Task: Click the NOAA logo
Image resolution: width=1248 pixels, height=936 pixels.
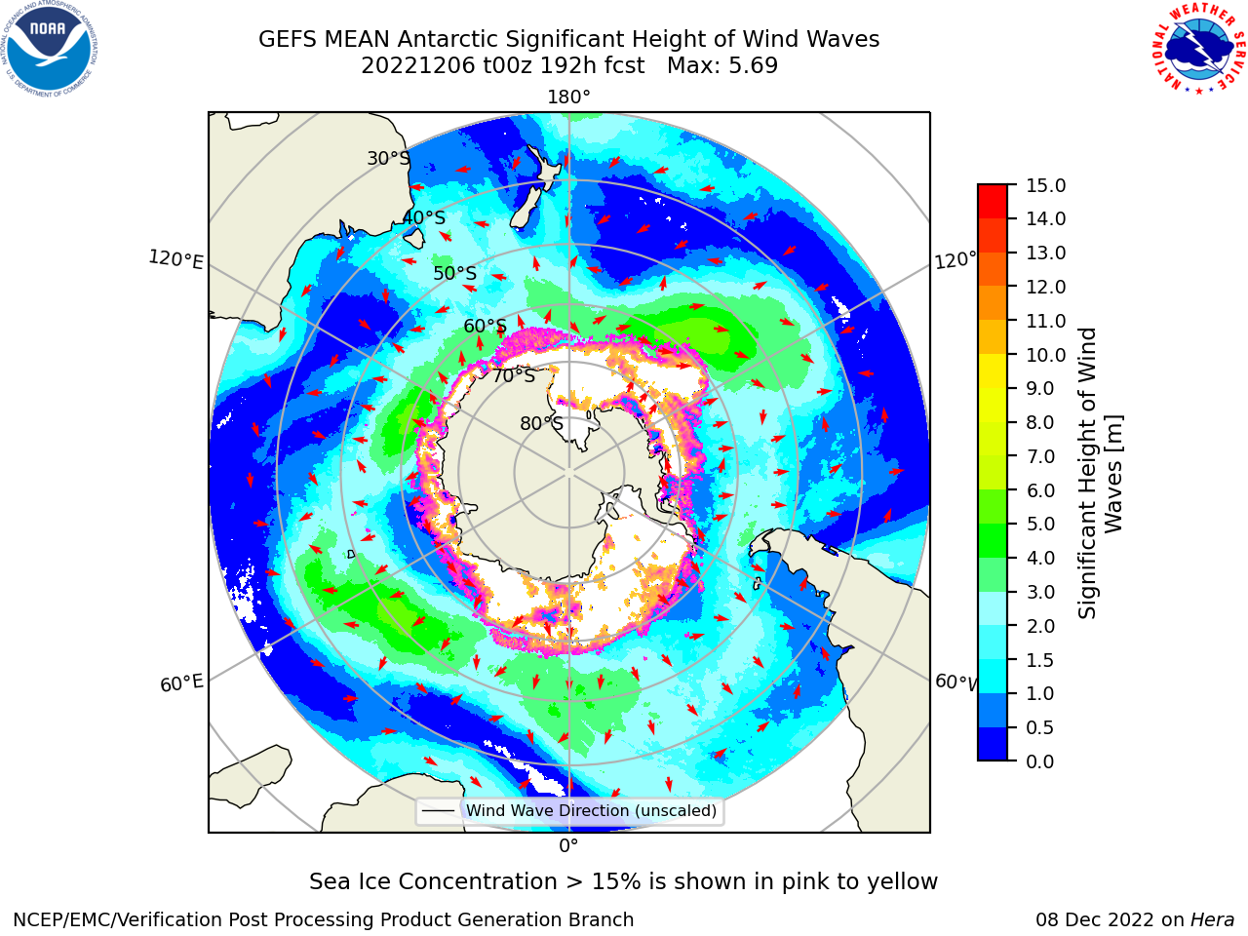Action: click(x=50, y=50)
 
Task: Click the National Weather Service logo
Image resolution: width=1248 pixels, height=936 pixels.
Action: click(x=1198, y=49)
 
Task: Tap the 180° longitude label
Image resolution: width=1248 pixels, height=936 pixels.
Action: click(x=568, y=97)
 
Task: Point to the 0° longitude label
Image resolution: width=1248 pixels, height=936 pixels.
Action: click(x=568, y=846)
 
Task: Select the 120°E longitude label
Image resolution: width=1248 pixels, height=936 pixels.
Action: click(x=175, y=259)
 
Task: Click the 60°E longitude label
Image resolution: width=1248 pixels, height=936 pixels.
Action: click(x=181, y=682)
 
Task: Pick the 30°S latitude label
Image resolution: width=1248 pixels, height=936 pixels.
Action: click(x=388, y=158)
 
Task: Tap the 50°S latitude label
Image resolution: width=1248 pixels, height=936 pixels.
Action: click(x=455, y=273)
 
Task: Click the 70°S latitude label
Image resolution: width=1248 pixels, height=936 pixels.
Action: click(x=514, y=375)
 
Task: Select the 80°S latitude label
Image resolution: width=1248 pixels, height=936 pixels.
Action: click(x=542, y=423)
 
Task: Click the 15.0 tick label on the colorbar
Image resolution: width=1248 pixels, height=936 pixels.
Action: click(x=1046, y=185)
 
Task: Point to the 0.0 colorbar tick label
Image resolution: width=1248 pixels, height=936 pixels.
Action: click(x=1040, y=761)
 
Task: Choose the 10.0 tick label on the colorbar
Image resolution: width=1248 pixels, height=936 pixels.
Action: click(x=1046, y=355)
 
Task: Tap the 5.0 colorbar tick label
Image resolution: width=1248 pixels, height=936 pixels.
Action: click(x=1040, y=524)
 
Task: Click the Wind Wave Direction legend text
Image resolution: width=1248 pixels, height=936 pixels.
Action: click(x=591, y=810)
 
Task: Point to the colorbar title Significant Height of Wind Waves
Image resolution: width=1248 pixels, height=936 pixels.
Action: click(x=1100, y=473)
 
